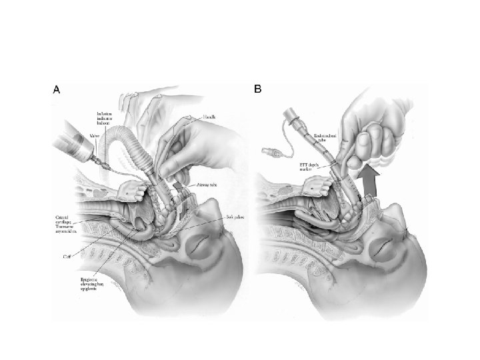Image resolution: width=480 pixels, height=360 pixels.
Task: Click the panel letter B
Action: pos(257,89)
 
